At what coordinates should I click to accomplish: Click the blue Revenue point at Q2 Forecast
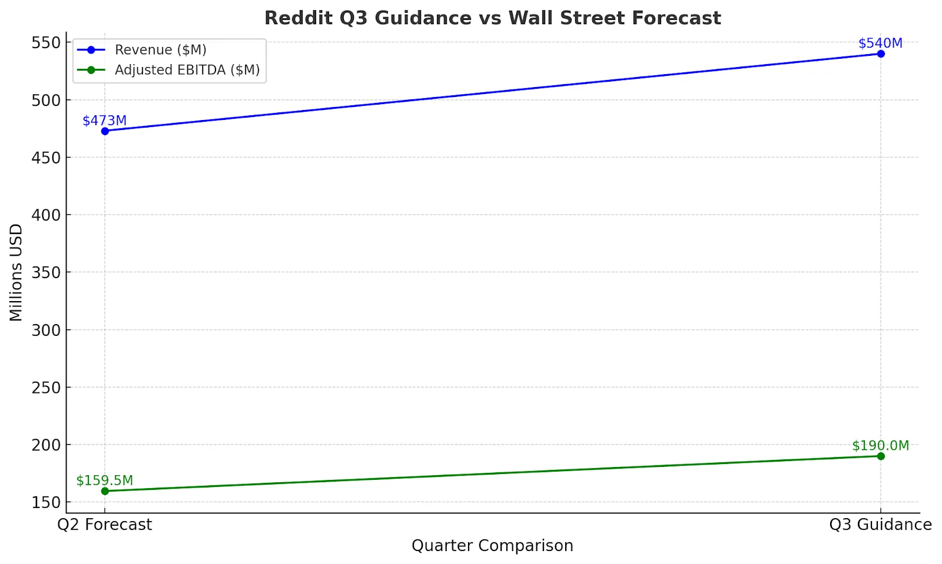tap(105, 131)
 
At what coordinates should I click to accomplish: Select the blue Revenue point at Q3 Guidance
tap(881, 54)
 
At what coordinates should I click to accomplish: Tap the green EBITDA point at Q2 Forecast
tap(105, 491)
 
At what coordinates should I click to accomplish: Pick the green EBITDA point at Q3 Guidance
tap(881, 456)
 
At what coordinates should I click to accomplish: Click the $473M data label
tap(104, 121)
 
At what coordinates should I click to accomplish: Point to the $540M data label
tap(880, 44)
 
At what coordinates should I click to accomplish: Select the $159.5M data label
tap(104, 480)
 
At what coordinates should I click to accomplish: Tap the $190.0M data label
tap(880, 446)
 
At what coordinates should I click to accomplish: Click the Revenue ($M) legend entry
tap(160, 50)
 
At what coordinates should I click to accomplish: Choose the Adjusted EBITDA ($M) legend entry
tap(187, 70)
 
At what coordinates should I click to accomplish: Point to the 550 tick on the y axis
tap(46, 42)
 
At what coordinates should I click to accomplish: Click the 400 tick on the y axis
tap(46, 215)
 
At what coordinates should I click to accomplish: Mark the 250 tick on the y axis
tap(46, 388)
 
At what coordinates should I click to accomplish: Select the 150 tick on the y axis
tap(46, 503)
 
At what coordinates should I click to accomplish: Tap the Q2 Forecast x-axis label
tap(105, 525)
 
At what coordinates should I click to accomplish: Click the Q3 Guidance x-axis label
tap(880, 525)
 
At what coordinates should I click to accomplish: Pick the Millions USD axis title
tap(16, 272)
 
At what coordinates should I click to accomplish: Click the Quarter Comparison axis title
tap(492, 546)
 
